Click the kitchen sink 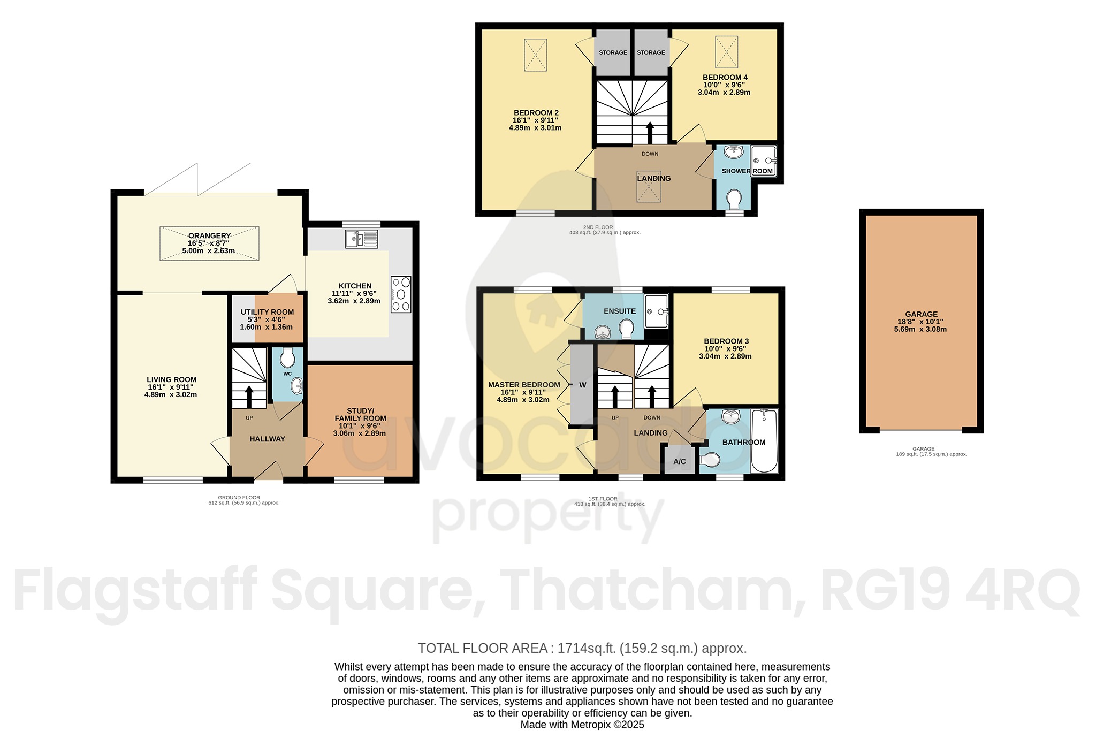(362, 238)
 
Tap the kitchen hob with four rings (401, 294)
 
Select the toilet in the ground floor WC (287, 359)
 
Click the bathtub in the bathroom (764, 441)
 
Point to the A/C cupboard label (680, 461)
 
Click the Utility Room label (267, 312)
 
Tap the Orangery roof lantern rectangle (209, 243)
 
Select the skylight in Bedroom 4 (727, 52)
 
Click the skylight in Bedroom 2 (535, 55)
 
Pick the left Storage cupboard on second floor (613, 52)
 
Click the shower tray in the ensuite (657, 311)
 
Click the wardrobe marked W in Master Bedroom (582, 385)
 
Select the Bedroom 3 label (726, 341)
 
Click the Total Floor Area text (582, 649)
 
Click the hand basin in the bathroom (730, 416)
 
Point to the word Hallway (267, 439)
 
